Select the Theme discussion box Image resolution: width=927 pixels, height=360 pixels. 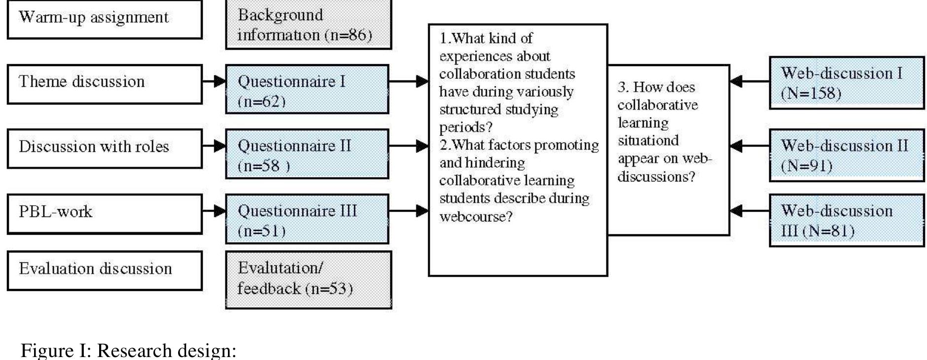[104, 83]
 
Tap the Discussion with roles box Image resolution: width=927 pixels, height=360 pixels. [104, 148]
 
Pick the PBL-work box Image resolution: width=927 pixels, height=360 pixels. [104, 213]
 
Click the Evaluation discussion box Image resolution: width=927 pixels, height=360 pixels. [104, 270]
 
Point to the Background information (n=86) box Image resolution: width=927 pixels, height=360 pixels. [308, 25]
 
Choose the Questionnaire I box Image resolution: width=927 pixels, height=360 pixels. [307, 89]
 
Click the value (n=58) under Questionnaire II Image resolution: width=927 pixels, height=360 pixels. [264, 166]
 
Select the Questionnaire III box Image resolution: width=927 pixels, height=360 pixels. [307, 218]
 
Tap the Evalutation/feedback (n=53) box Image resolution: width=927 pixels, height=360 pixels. [308, 279]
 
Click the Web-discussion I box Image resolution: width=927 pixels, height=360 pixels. [846, 82]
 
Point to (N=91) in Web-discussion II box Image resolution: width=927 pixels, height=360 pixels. [806, 166]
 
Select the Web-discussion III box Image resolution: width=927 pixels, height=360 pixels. [846, 220]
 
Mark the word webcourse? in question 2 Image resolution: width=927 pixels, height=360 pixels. [476, 216]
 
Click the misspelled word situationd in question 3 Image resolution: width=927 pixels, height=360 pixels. [648, 141]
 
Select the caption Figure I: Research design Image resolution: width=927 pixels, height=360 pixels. [128, 350]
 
